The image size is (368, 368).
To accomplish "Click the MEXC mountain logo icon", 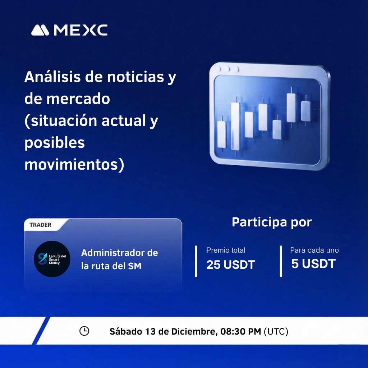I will [x=40, y=30].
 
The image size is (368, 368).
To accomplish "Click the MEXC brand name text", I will [x=80, y=30].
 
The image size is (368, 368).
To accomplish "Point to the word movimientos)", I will [x=74, y=165].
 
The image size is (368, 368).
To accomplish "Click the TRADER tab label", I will [x=40, y=225].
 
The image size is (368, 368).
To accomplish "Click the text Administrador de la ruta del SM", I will [x=119, y=259].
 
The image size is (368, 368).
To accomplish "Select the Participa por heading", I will [x=272, y=222].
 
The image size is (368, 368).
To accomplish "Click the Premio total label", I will [x=226, y=250].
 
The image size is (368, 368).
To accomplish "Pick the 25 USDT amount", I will [x=230, y=265].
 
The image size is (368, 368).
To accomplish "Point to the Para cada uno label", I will [x=314, y=250].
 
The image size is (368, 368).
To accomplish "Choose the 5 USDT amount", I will [x=313, y=264].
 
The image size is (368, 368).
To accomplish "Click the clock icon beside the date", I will [x=84, y=331].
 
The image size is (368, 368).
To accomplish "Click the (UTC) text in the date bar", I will [x=276, y=331].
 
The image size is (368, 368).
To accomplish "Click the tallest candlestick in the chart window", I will [x=235, y=126].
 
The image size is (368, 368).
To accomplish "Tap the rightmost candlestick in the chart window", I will [x=305, y=111].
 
